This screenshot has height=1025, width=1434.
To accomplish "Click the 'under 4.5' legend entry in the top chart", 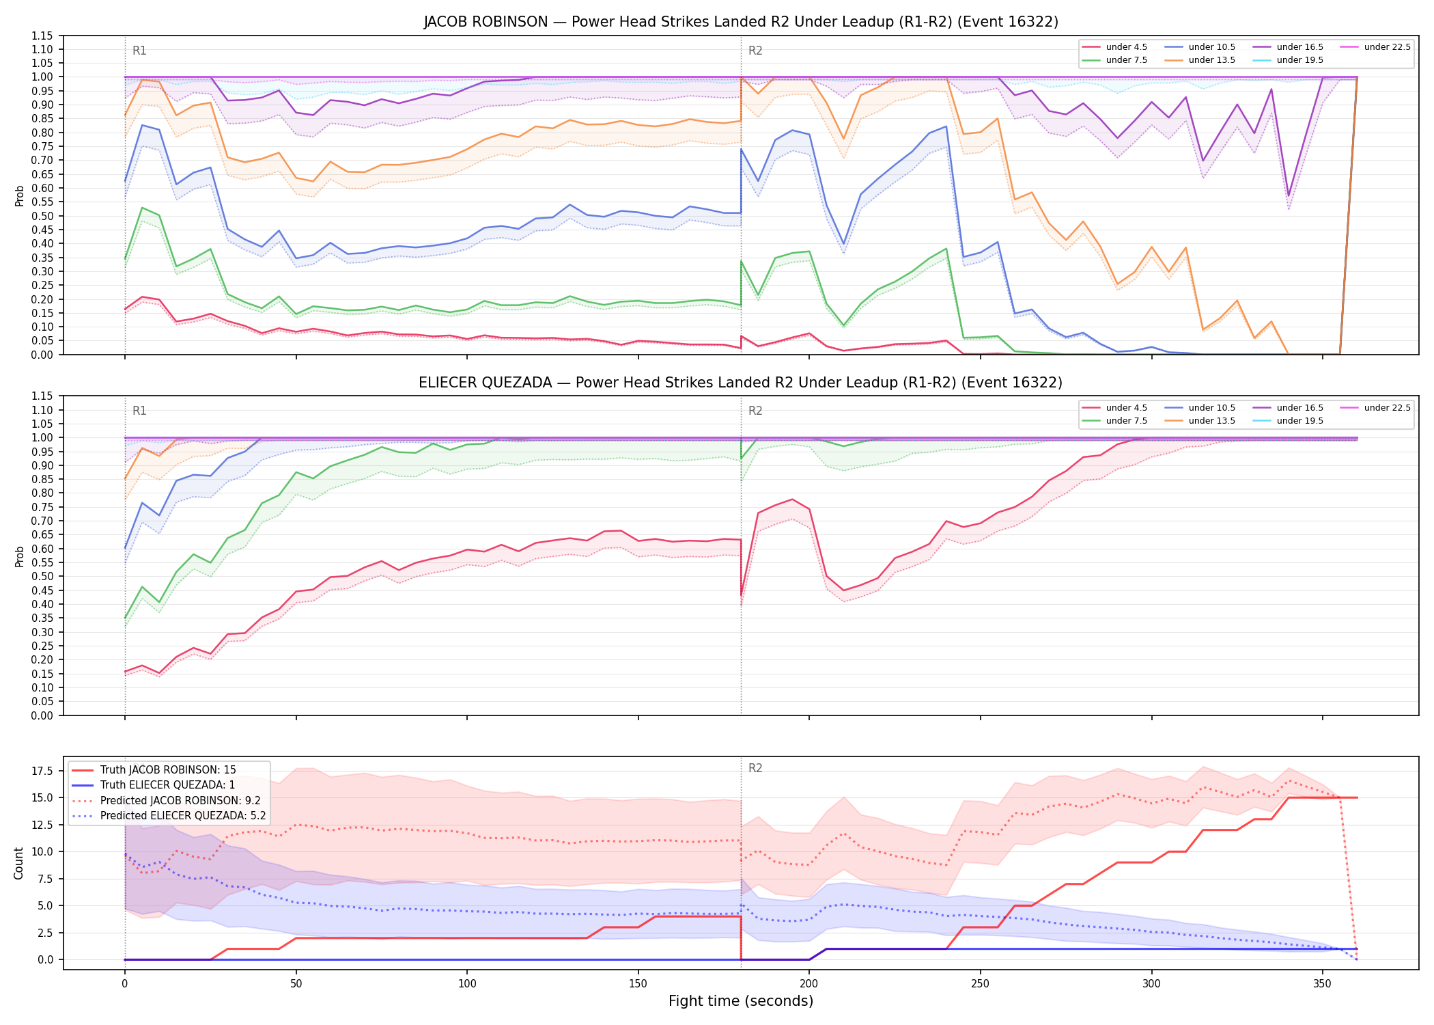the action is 1114,47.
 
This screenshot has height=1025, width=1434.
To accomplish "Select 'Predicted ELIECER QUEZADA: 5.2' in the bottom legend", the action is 168,815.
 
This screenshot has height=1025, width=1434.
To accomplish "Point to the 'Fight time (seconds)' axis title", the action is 741,1001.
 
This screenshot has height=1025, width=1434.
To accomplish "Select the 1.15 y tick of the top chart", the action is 42,36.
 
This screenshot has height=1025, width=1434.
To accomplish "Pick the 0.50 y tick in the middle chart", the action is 42,576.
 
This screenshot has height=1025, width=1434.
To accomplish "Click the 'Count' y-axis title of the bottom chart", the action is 18,863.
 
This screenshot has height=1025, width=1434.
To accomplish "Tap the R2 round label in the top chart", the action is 755,51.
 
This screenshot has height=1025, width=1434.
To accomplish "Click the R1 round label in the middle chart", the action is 139,411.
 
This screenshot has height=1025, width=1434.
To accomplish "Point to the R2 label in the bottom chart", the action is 755,768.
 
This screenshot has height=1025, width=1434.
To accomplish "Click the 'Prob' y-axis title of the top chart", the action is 19,195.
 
